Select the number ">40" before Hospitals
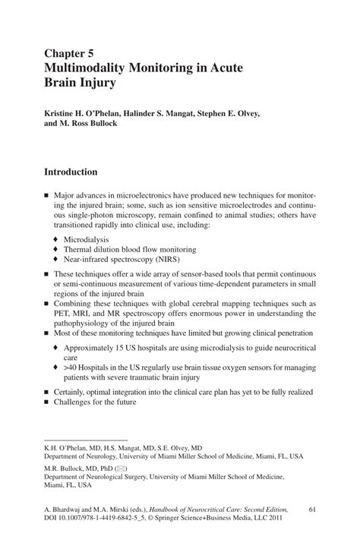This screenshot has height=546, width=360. pyautogui.click(x=71, y=365)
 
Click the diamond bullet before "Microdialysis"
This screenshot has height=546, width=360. pyautogui.click(x=55, y=238)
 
